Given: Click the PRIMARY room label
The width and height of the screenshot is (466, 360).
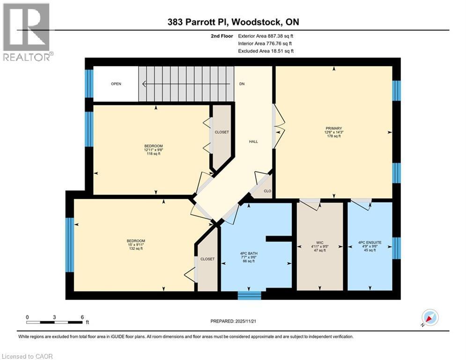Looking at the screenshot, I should pos(334,128).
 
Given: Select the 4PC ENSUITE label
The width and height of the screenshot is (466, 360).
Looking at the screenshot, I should pos(370,242).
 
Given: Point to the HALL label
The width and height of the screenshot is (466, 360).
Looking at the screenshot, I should pos(253,142).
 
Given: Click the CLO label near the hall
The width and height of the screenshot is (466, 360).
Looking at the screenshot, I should pos(267,191).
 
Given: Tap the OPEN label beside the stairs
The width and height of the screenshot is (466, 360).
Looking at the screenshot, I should pos(116,84).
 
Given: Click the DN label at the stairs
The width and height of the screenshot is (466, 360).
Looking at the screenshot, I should pos(242,84).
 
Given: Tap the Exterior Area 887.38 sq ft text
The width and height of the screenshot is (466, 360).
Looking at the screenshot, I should pos(266,36).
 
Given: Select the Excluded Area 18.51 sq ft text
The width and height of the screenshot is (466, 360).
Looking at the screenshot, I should pos(266,51).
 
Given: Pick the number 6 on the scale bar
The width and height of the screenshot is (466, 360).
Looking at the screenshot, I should pos(82,317).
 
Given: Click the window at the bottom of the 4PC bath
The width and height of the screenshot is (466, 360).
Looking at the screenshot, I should pos(249,295).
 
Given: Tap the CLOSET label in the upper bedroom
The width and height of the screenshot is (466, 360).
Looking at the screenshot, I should pos(222,132).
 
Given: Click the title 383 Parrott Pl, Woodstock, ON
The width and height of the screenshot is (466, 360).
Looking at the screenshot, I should pos(233,22).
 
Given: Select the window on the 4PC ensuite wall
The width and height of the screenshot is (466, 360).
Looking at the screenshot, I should pos(396,248).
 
